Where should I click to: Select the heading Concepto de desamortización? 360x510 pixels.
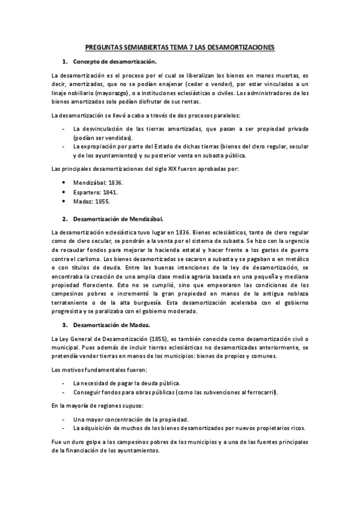point(114,62)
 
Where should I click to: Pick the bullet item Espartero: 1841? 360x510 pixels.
point(95,191)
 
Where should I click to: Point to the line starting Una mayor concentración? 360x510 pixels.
point(130,419)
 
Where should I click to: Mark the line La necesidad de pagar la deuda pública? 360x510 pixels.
point(126,382)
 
